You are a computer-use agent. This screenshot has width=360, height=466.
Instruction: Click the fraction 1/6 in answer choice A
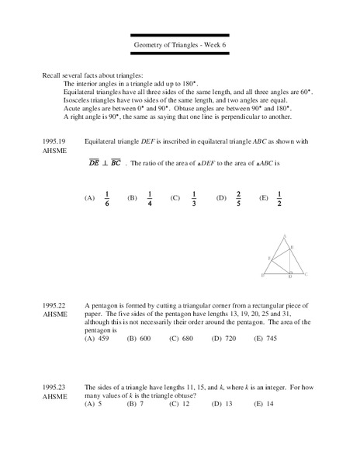tap(106, 198)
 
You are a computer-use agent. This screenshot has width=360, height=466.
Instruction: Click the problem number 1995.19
tap(56, 141)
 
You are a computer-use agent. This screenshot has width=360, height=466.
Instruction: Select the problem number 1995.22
tap(56, 304)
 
